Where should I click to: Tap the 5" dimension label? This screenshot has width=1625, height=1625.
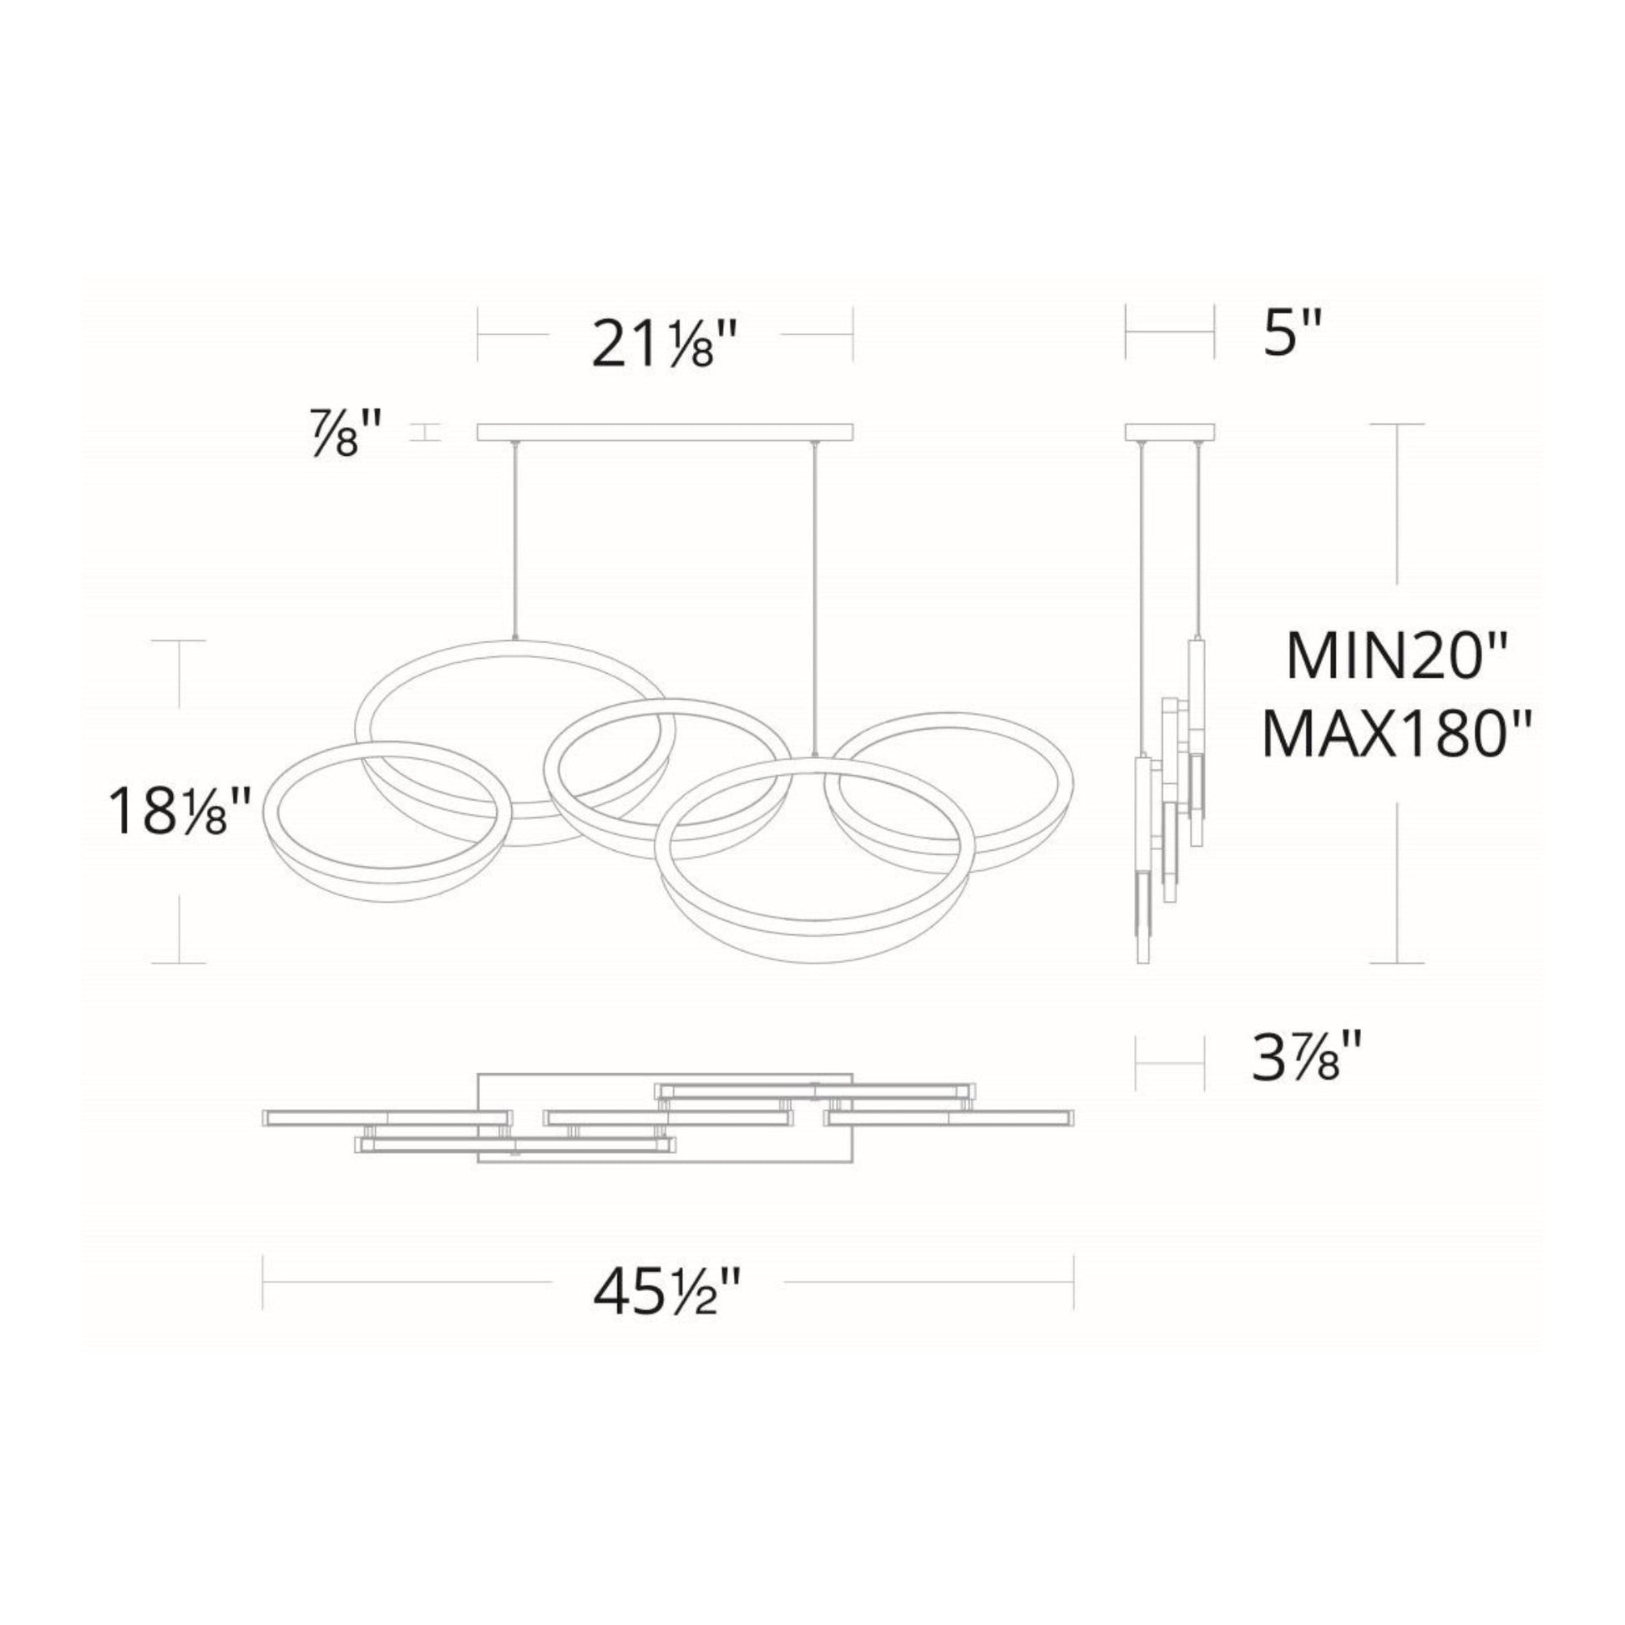coord(1288,333)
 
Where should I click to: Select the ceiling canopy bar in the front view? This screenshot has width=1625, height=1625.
coord(666,433)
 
